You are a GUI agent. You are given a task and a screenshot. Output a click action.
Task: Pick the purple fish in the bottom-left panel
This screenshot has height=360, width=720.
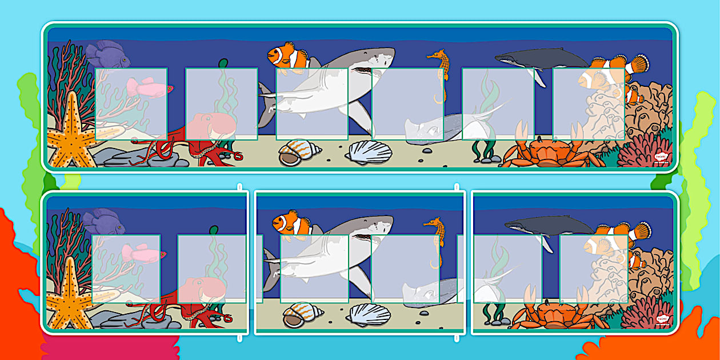103,222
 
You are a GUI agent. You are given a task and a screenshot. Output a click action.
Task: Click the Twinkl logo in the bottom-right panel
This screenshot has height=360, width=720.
661,319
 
